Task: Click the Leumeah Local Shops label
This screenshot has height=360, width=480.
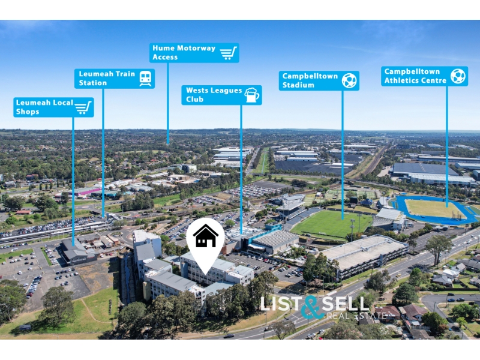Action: (53, 107)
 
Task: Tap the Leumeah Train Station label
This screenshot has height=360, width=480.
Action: (115, 79)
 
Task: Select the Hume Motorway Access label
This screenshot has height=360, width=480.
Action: (194, 53)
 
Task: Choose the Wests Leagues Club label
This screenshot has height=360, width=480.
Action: (221, 95)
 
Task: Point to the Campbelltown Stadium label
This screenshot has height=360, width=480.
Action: (319, 80)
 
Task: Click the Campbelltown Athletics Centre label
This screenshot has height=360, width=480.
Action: (424, 76)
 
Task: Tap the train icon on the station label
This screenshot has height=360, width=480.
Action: (145, 79)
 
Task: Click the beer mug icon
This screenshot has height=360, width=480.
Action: (252, 95)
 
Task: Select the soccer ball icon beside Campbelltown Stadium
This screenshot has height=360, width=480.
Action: (349, 80)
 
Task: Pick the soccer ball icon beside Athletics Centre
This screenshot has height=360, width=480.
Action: (458, 76)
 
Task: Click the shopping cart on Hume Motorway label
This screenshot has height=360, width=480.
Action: (229, 53)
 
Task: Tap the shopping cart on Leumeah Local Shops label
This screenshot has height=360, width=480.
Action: (83, 107)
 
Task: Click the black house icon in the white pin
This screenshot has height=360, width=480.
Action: (206, 236)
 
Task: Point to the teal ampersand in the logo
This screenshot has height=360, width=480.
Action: (311, 307)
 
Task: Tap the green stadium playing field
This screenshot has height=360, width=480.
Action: (332, 223)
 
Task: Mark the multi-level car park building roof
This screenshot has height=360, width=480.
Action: (364, 250)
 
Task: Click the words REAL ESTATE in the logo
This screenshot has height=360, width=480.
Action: (356, 316)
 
